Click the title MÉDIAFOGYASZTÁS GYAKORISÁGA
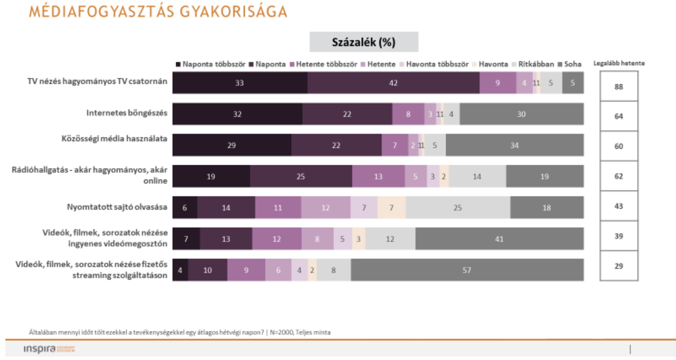pyautogui.click(x=158, y=12)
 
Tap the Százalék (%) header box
pyautogui.click(x=364, y=42)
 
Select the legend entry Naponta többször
pyautogui.click(x=211, y=64)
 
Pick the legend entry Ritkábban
pyautogui.click(x=533, y=64)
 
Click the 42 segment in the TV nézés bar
pyautogui.click(x=393, y=83)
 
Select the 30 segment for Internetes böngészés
pyautogui.click(x=522, y=114)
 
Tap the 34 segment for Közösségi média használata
pyautogui.click(x=515, y=145)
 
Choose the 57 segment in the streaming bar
pyautogui.click(x=467, y=270)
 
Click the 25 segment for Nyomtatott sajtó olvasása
pyautogui.click(x=458, y=208)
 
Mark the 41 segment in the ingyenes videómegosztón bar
pyautogui.click(x=499, y=239)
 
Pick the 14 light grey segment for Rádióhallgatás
pyautogui.click(x=477, y=176)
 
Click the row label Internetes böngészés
pyautogui.click(x=127, y=113)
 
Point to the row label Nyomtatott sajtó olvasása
pyautogui.click(x=117, y=207)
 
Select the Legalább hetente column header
pyautogui.click(x=619, y=64)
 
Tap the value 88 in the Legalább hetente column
pyautogui.click(x=619, y=87)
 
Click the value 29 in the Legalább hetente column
pyautogui.click(x=619, y=266)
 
